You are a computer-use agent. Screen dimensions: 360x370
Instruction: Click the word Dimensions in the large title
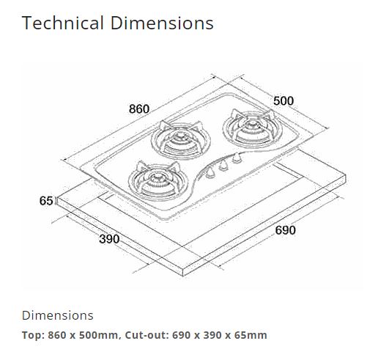(x=162, y=23)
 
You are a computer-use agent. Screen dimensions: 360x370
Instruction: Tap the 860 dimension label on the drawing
(x=139, y=109)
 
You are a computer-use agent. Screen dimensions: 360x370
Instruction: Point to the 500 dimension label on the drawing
(x=284, y=100)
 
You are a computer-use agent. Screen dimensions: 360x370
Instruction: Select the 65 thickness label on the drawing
(x=46, y=200)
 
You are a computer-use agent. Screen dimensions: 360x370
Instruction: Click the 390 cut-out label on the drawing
(x=109, y=240)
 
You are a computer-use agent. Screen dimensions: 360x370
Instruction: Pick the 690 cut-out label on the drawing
(x=285, y=230)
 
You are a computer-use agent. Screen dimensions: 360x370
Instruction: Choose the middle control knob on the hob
(x=223, y=164)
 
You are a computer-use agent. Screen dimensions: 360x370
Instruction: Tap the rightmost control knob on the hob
(x=236, y=158)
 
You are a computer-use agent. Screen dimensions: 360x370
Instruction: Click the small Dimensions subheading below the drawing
(x=58, y=315)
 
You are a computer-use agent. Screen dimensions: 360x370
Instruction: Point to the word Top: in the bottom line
(x=33, y=335)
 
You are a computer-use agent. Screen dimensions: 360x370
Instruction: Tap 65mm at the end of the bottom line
(x=251, y=335)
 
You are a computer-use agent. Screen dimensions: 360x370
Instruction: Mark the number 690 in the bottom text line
(x=183, y=335)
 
